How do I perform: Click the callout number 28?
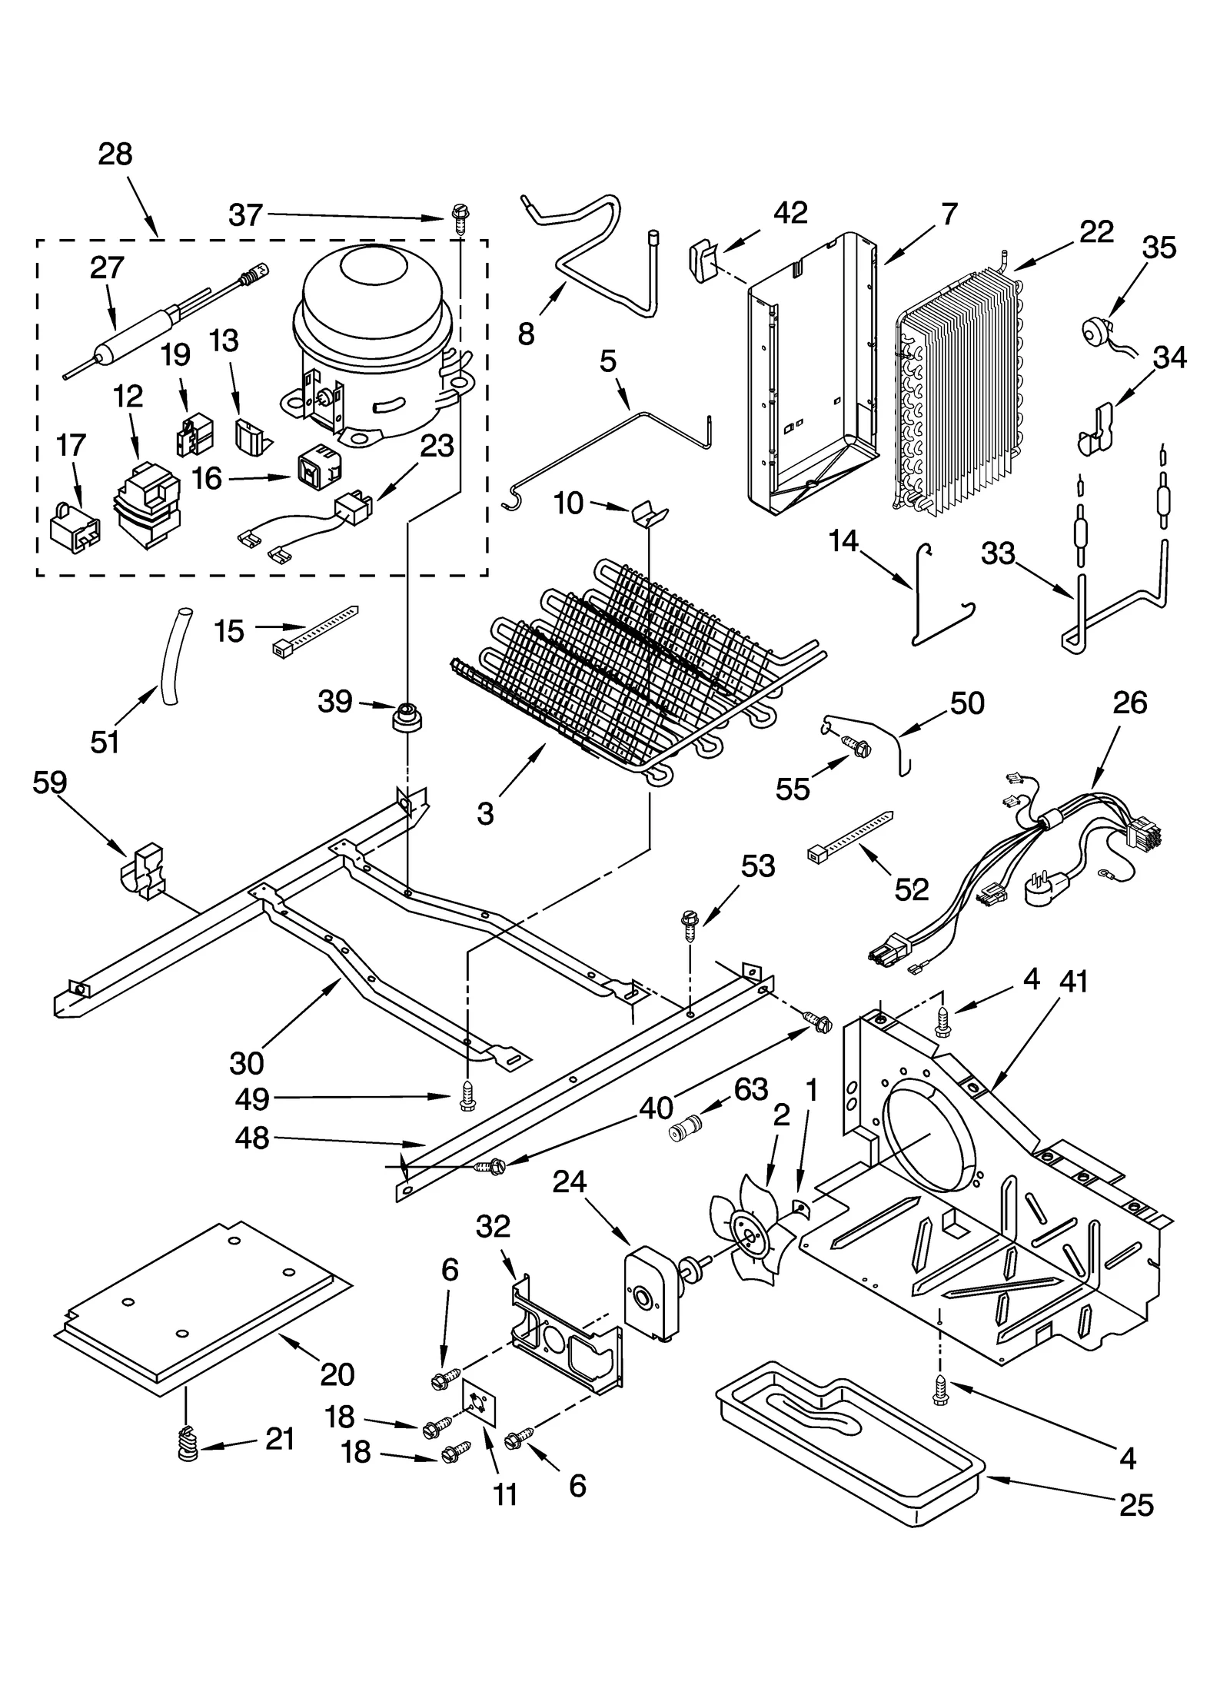click(x=115, y=155)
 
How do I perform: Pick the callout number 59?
click(x=50, y=783)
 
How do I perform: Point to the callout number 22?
click(x=1096, y=231)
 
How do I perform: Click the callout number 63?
click(x=750, y=1089)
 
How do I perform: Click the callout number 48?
click(x=251, y=1138)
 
